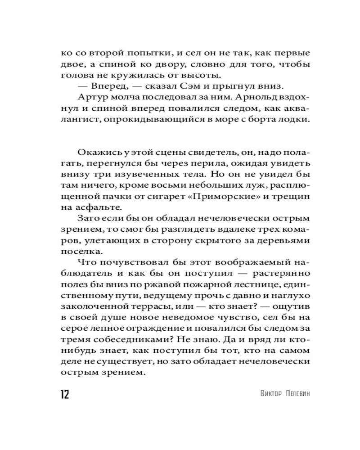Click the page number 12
point(64,395)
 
